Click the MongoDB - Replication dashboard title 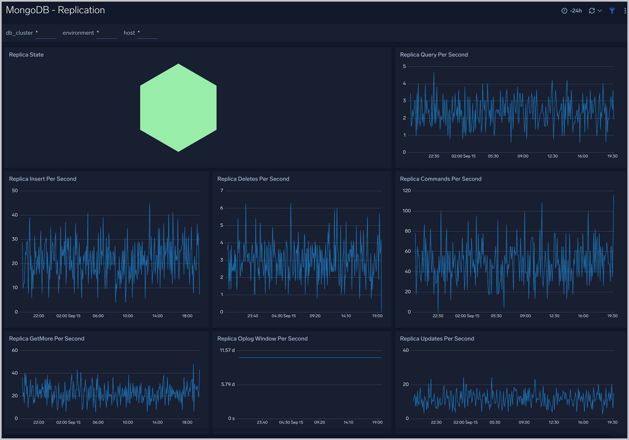(x=55, y=10)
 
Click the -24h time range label (x=575, y=11)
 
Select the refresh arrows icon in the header (x=591, y=11)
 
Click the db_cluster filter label (x=19, y=33)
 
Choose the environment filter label (x=78, y=33)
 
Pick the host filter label (x=129, y=33)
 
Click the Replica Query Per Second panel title (x=434, y=54)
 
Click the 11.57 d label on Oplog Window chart (x=227, y=350)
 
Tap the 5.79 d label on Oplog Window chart (x=228, y=384)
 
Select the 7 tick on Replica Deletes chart (x=222, y=190)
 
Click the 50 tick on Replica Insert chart (x=15, y=190)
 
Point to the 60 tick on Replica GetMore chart (x=15, y=350)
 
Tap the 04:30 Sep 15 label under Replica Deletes (x=284, y=316)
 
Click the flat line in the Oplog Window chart (x=310, y=357)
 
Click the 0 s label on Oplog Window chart (x=231, y=418)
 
